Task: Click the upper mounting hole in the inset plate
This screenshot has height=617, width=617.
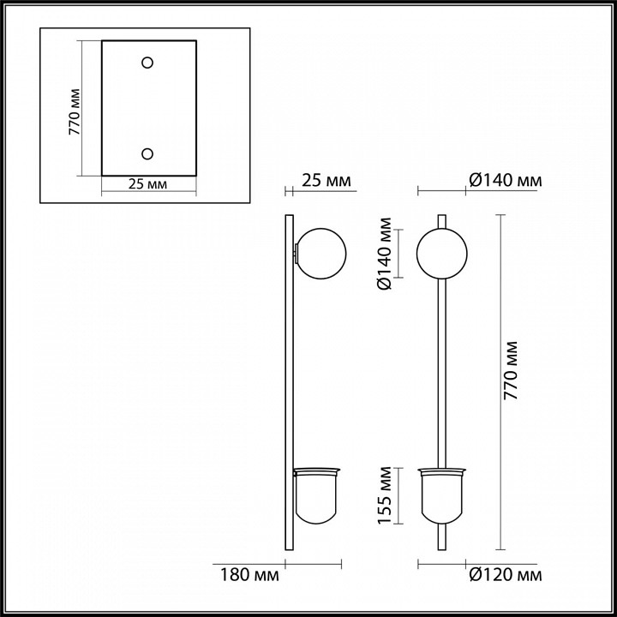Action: pyautogui.click(x=147, y=63)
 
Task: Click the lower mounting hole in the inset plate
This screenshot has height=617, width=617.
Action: pyautogui.click(x=147, y=153)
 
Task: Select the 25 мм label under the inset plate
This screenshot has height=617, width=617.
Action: pyautogui.click(x=147, y=184)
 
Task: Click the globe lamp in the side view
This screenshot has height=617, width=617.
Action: pyautogui.click(x=321, y=253)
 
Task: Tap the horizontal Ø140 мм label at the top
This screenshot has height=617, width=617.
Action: pyautogui.click(x=505, y=181)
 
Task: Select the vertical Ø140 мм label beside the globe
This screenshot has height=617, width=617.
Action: pyautogui.click(x=386, y=255)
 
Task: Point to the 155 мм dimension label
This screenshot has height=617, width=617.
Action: pyautogui.click(x=386, y=494)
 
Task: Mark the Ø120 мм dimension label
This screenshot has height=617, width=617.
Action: pyautogui.click(x=505, y=573)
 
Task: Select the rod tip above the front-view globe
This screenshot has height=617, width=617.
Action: pyautogui.click(x=442, y=220)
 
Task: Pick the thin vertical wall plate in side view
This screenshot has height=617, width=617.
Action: pyautogui.click(x=287, y=386)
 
